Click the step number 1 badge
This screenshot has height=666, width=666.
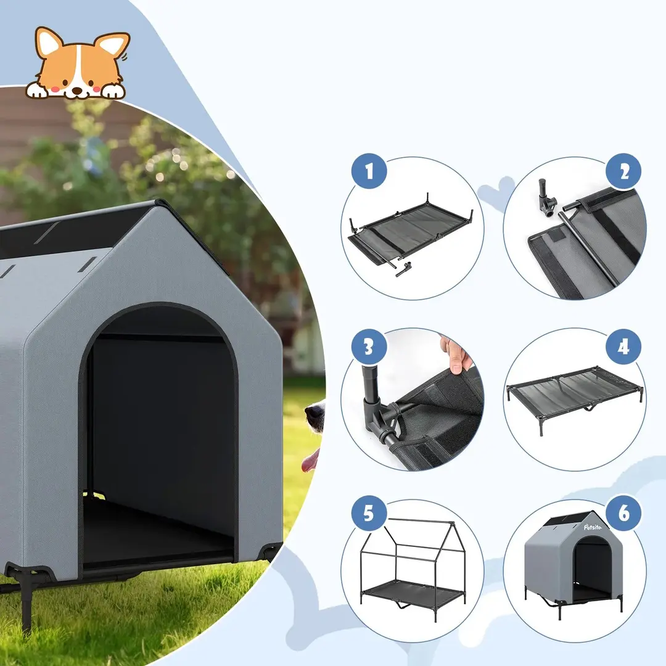[x=369, y=171]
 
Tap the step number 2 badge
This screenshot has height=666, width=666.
[x=623, y=171]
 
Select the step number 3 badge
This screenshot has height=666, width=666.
[x=369, y=347]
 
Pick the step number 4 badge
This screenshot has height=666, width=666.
[x=623, y=347]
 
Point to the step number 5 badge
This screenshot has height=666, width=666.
[x=369, y=514]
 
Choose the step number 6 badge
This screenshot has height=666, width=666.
[x=623, y=514]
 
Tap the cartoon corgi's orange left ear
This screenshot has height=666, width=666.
[x=47, y=42]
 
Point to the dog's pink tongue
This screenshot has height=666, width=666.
[x=310, y=461]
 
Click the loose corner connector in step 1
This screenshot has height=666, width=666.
[x=403, y=270]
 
